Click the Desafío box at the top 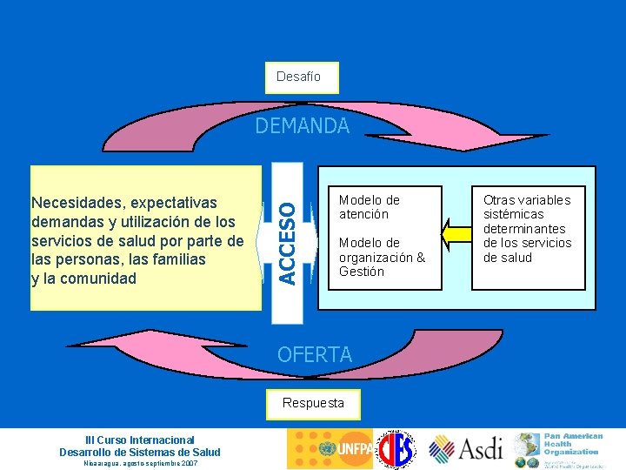click(299, 77)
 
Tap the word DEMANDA click(303, 126)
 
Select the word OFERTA click(314, 354)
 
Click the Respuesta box click(313, 402)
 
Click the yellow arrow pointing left click(454, 234)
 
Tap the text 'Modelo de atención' click(370, 207)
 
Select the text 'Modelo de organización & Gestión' click(382, 257)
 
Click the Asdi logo click(466, 449)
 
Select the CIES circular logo click(400, 449)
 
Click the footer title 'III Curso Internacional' click(139, 440)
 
